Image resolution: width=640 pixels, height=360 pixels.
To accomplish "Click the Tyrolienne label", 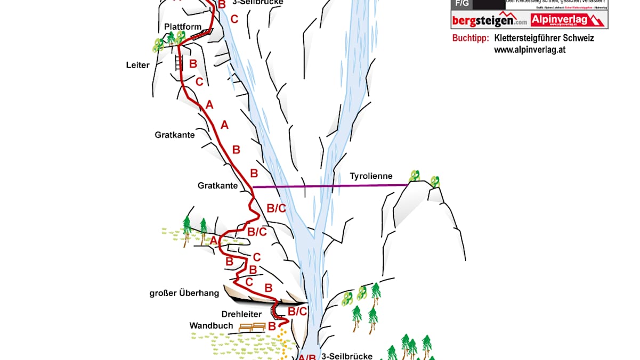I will [371, 176].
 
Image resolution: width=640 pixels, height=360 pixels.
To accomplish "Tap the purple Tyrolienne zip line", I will [330, 186].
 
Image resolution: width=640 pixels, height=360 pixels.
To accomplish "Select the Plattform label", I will [182, 27].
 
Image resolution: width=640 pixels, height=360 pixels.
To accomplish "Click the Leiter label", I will [137, 66].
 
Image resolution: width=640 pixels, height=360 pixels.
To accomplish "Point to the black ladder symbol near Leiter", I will [178, 62].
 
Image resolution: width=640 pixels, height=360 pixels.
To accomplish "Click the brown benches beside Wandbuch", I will [252, 327].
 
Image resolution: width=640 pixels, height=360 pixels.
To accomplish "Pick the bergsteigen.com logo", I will [489, 21].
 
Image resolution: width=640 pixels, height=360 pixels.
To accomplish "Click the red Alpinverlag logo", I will [568, 20].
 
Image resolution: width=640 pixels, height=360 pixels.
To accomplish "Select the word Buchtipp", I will [470, 38].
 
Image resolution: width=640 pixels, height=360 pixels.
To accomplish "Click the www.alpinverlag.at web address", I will [529, 50].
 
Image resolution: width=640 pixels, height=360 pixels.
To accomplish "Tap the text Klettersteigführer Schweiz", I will [544, 38].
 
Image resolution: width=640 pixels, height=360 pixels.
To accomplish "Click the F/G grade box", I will [461, 4].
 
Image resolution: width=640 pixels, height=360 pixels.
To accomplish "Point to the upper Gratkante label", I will [175, 135].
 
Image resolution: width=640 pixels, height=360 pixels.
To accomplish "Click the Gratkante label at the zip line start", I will [217, 186].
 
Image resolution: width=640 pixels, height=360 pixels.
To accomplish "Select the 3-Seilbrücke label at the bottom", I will [346, 356].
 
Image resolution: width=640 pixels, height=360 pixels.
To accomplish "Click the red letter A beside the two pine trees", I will [214, 241].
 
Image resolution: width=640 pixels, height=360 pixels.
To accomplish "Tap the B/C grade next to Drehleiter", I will [297, 312].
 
